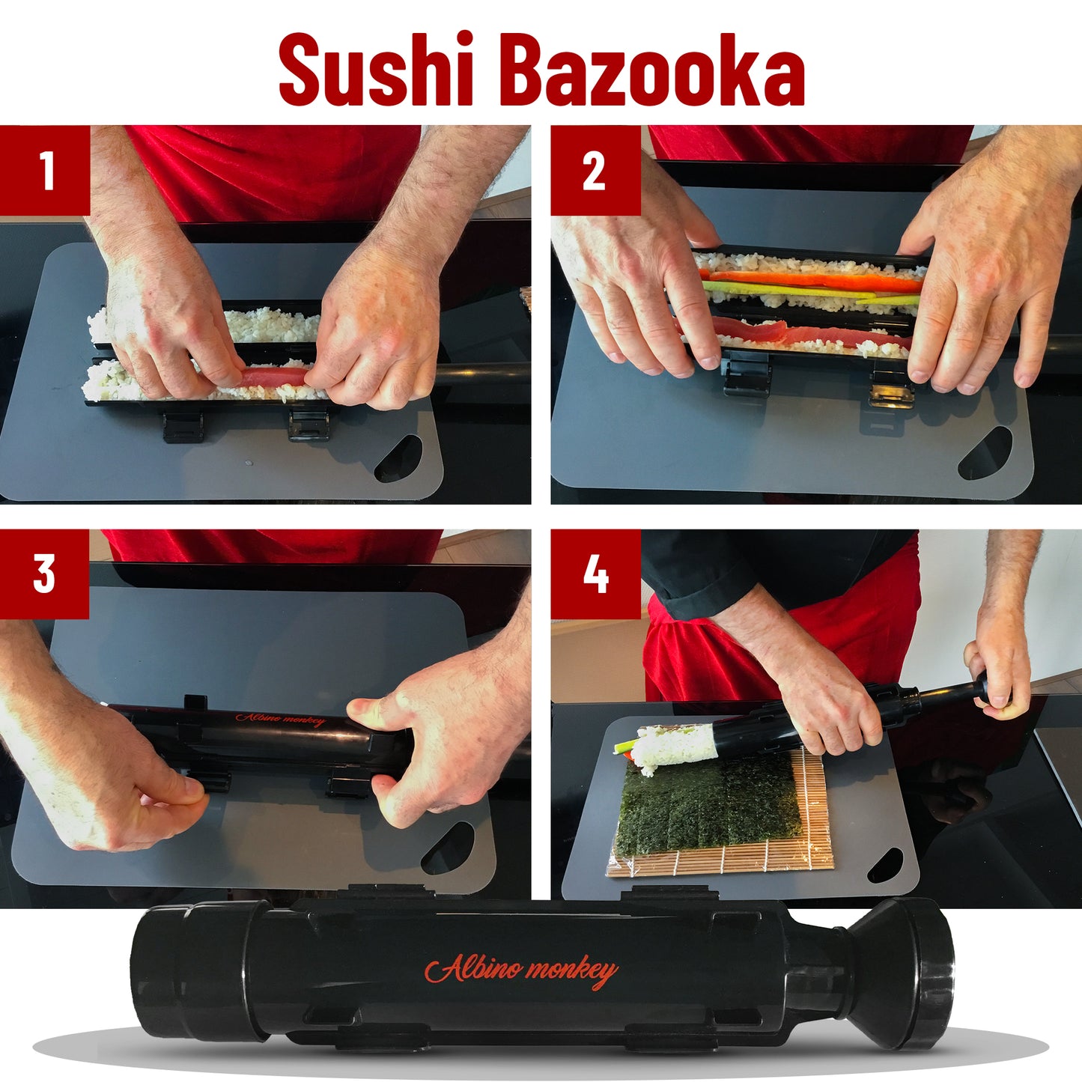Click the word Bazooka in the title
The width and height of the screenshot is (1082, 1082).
[x=657, y=70]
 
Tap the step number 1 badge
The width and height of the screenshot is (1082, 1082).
[x=45, y=170]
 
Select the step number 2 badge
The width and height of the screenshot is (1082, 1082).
[x=596, y=170]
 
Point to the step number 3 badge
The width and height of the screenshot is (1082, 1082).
[x=44, y=574]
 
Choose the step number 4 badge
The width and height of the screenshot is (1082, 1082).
[x=596, y=574]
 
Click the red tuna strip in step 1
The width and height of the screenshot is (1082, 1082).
[x=275, y=377]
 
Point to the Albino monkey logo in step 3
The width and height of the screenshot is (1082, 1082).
[x=281, y=720]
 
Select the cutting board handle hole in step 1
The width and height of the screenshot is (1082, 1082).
[x=398, y=458]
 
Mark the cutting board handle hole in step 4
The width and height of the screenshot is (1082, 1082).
[x=885, y=866]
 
